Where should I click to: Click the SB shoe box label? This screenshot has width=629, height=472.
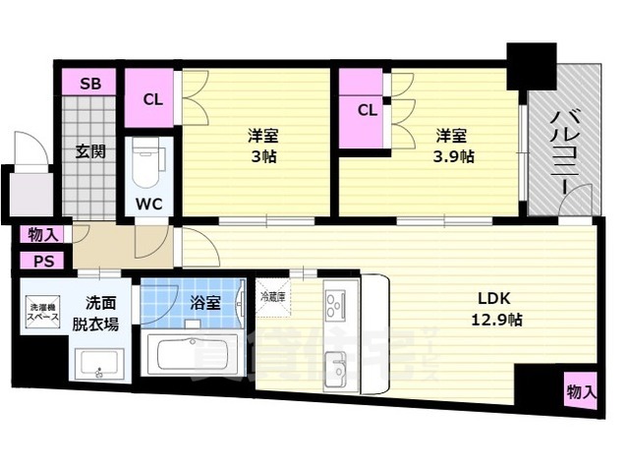pyautogui.click(x=89, y=83)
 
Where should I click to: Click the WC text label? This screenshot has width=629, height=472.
pyautogui.click(x=149, y=205)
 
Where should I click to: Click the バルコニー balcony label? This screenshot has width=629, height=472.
pyautogui.click(x=564, y=152)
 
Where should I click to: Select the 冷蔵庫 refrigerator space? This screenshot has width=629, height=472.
pyautogui.click(x=272, y=296)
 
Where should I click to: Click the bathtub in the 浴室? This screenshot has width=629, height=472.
pyautogui.click(x=194, y=355)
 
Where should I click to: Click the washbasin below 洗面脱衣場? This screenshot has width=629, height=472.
pyautogui.click(x=98, y=366)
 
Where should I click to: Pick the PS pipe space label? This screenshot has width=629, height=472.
pyautogui.click(x=43, y=261)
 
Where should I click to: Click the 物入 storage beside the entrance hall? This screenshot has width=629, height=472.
pyautogui.click(x=43, y=234)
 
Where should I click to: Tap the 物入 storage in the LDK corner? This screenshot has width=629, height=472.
pyautogui.click(x=581, y=391)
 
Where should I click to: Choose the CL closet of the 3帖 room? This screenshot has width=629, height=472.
pyautogui.click(x=151, y=97)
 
